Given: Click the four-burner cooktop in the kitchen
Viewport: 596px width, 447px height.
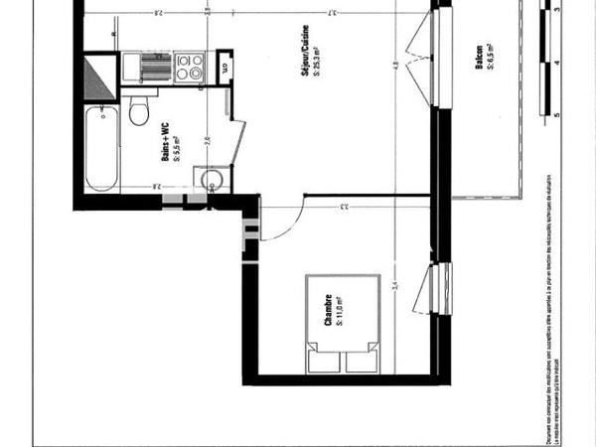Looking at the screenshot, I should pos(189,67).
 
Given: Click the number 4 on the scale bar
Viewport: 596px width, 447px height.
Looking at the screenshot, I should pos(557,63).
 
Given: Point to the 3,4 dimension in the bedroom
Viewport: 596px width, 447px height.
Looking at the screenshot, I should pos(395,287).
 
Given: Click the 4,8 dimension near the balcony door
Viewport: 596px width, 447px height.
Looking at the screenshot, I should pos(394,67).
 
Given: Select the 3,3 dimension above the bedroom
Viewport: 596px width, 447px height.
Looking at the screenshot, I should pos(343,207).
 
